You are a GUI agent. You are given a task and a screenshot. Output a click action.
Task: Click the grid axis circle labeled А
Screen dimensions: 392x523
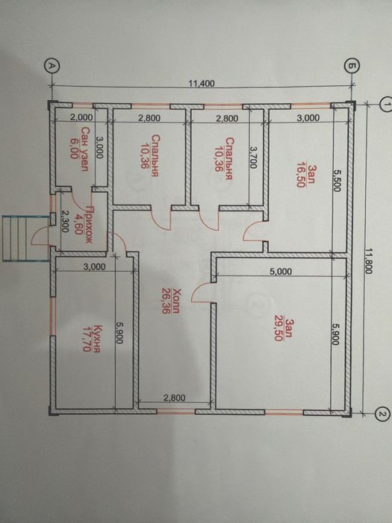[52, 66]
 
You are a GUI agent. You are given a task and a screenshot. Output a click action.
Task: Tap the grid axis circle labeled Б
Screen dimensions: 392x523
[350, 66]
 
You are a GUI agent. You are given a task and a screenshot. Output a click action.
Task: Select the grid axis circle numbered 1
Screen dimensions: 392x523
[386, 105]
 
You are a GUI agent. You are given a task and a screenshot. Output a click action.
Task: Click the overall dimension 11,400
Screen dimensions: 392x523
[202, 83]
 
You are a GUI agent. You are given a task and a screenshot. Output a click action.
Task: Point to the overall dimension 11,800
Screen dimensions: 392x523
[367, 260]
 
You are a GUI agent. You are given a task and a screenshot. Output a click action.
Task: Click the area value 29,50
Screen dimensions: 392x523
[277, 330]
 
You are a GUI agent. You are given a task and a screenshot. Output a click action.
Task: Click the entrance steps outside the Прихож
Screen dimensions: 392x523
[24, 238]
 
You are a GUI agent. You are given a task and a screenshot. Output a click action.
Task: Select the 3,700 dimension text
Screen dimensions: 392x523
[253, 158]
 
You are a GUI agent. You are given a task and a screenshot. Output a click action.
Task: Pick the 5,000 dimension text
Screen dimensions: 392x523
[281, 271]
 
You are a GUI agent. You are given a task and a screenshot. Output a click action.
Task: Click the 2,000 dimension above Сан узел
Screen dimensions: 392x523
[81, 117]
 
